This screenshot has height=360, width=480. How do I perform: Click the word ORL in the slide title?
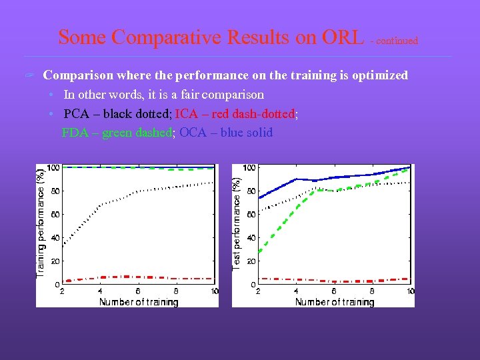[342, 37]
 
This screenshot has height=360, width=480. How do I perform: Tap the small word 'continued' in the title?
[397, 41]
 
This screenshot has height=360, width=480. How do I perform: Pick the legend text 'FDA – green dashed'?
[117, 133]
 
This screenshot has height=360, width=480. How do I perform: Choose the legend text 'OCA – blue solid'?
[226, 133]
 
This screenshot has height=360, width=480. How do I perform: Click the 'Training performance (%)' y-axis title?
[41, 223]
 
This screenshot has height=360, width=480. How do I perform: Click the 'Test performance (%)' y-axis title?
[237, 223]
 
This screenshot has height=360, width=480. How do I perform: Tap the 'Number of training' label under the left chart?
[139, 302]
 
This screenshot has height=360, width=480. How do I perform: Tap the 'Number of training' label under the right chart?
[335, 302]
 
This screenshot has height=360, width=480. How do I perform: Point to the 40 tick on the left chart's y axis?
[55, 238]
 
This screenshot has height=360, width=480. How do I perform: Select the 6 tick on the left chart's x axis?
[138, 291]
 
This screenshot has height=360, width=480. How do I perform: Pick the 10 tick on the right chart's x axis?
[410, 291]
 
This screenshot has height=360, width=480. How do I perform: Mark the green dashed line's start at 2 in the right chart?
[259, 251]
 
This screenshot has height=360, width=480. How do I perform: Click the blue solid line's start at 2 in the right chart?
[259, 197]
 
